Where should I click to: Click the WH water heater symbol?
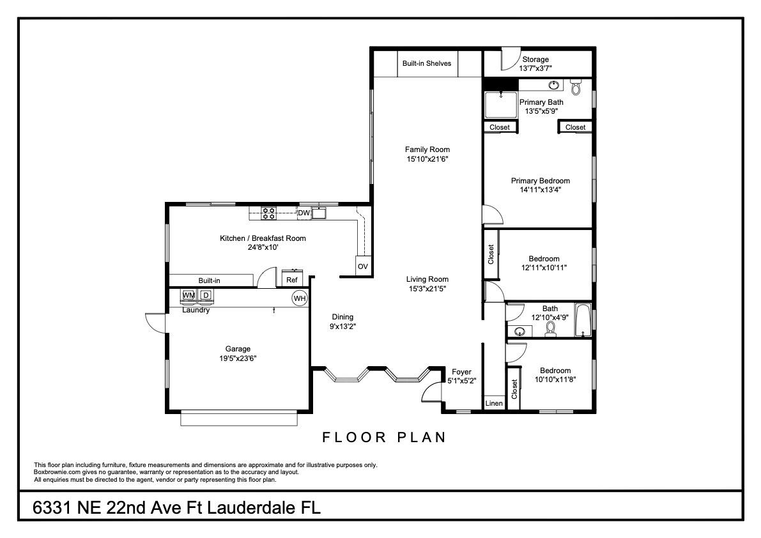click(x=300, y=298)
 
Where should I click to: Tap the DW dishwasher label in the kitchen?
click(x=304, y=213)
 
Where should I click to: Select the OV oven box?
click(x=363, y=266)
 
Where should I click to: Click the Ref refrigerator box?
click(x=292, y=279)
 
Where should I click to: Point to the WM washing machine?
click(x=188, y=295)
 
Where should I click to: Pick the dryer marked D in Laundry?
click(x=206, y=295)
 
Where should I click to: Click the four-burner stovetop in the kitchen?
click(x=269, y=213)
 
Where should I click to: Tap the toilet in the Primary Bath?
click(x=576, y=87)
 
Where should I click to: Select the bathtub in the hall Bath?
click(x=583, y=319)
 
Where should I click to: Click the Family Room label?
click(x=427, y=150)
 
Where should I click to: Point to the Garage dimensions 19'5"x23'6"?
click(x=238, y=358)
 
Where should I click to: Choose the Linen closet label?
click(x=494, y=403)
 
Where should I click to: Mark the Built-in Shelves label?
click(x=427, y=63)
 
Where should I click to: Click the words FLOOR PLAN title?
click(x=385, y=437)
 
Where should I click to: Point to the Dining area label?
click(x=342, y=318)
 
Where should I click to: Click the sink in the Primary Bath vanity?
click(x=553, y=86)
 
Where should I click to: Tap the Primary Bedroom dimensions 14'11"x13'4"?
click(x=541, y=190)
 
